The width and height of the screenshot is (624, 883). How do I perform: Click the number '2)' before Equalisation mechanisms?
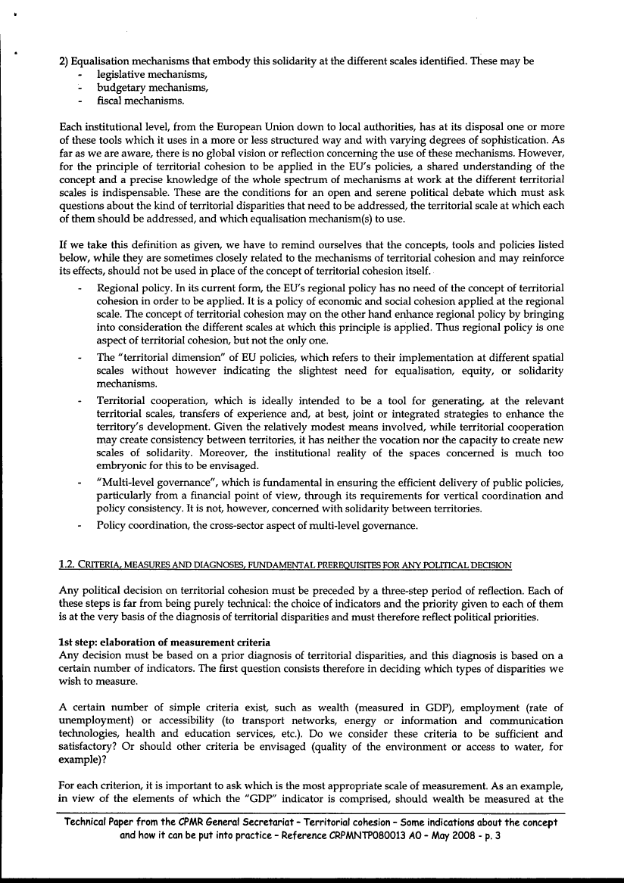pos(64,62)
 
